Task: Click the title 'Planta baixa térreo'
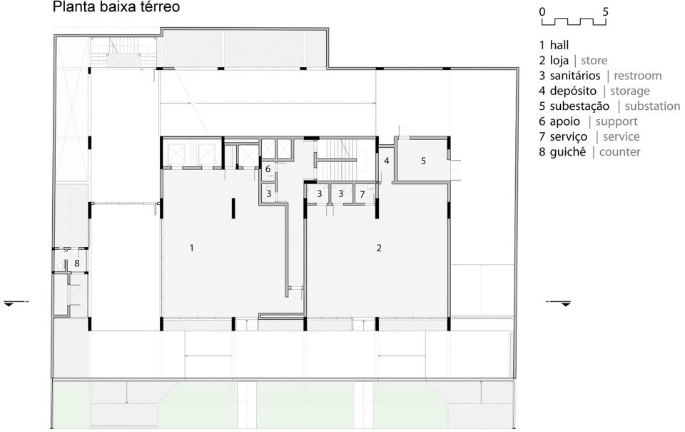116,7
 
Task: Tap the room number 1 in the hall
191,248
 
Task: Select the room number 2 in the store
379,248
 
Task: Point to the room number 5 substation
423,161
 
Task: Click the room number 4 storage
386,161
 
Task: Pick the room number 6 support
268,169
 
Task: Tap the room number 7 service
362,194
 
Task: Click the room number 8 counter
77,263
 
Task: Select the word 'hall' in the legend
559,45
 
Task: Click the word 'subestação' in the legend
579,106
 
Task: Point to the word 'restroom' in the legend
638,76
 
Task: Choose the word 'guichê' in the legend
567,152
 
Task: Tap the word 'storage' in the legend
629,91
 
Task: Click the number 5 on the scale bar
605,12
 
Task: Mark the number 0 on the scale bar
542,12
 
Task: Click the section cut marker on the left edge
13,303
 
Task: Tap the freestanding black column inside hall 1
234,208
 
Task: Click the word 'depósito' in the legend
573,91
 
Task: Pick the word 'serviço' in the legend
569,137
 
